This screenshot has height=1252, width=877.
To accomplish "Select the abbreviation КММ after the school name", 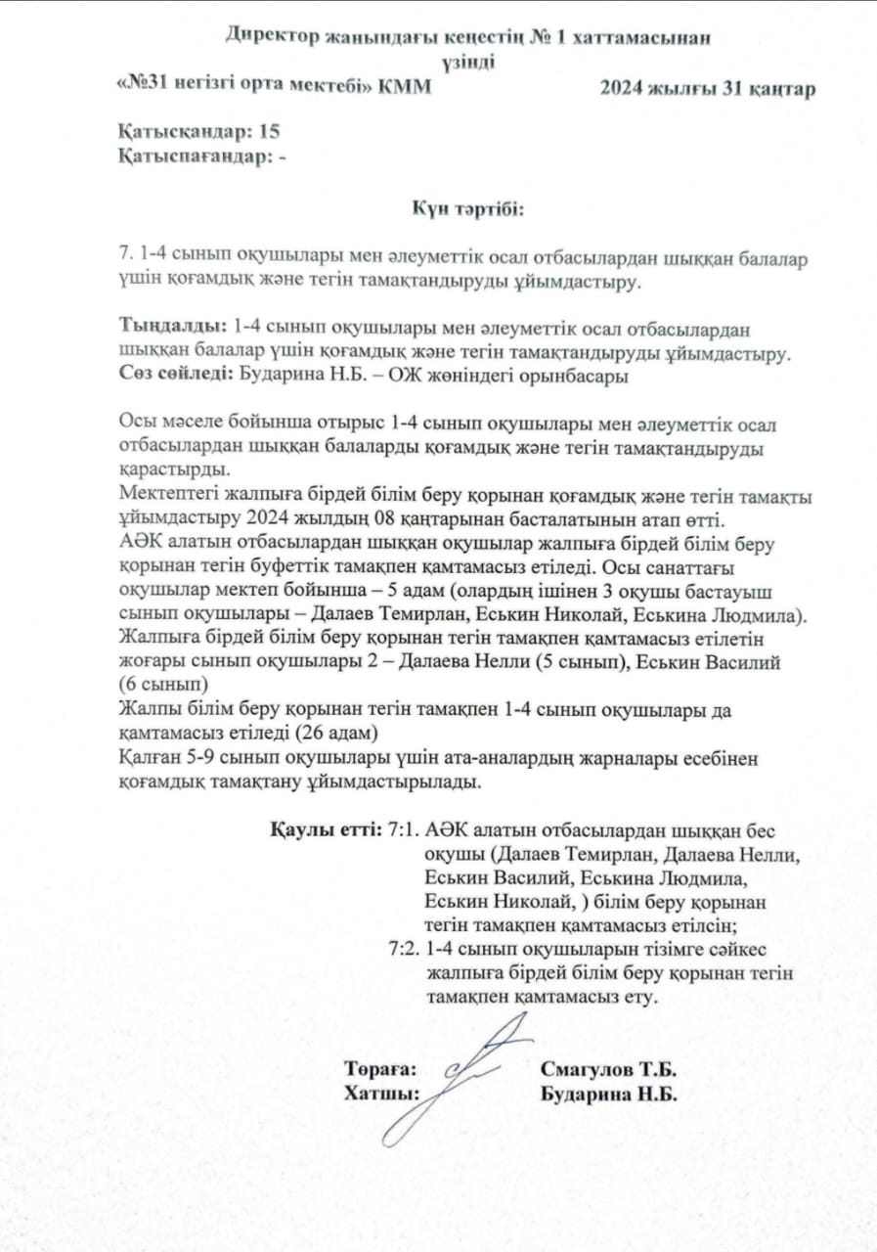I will tap(402, 88).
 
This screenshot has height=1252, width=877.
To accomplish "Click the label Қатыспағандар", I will tap(195, 155).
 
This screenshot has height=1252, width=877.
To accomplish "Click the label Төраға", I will tap(381, 1070).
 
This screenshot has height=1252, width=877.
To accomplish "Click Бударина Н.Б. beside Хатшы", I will tap(609, 1094).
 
